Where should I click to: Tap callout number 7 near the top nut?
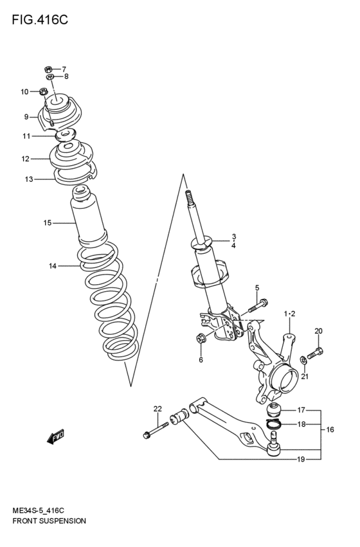point(64,69)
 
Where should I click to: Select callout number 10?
point(24,92)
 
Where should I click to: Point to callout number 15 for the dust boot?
point(47,223)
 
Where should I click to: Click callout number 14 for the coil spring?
point(52,265)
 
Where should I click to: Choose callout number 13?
point(29,179)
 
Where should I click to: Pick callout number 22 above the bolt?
point(157,409)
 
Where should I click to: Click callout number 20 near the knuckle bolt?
point(318,331)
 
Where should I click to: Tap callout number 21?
point(305,377)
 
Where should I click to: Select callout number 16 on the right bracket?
point(330,429)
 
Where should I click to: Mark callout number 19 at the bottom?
point(301,460)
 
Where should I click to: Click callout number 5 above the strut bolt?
point(256,287)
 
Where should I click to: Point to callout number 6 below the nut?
point(201,360)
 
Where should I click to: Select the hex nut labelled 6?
point(201,339)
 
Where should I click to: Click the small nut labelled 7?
point(48,68)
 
